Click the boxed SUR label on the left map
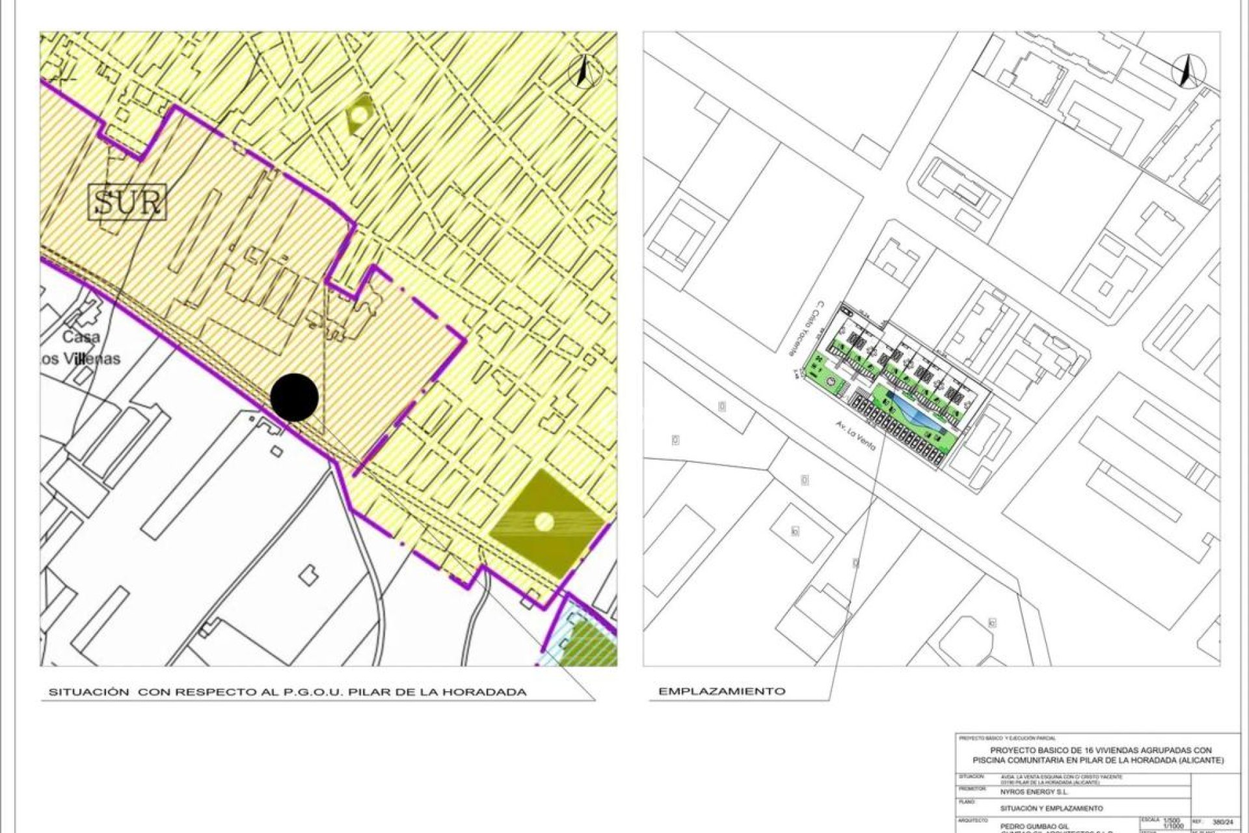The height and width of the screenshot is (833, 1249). click(128, 202)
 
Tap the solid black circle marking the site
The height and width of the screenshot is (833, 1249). click(294, 397)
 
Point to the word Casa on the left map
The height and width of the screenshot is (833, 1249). click(81, 337)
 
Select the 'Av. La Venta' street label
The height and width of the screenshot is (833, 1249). click(856, 435)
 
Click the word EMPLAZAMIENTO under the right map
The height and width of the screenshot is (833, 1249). click(721, 691)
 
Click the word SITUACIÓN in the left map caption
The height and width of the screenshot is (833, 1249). click(89, 692)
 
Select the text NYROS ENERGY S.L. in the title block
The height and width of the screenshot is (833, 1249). click(1034, 793)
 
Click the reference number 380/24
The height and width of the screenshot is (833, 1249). click(1223, 823)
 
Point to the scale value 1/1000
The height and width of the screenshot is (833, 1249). click(1174, 826)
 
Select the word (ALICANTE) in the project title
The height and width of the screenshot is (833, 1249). click(1200, 760)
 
